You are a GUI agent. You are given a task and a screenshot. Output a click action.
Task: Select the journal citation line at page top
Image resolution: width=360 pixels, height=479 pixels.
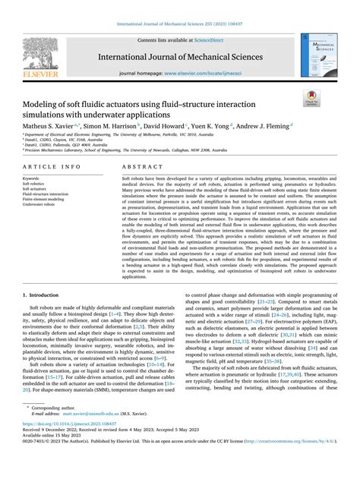(180, 25)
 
